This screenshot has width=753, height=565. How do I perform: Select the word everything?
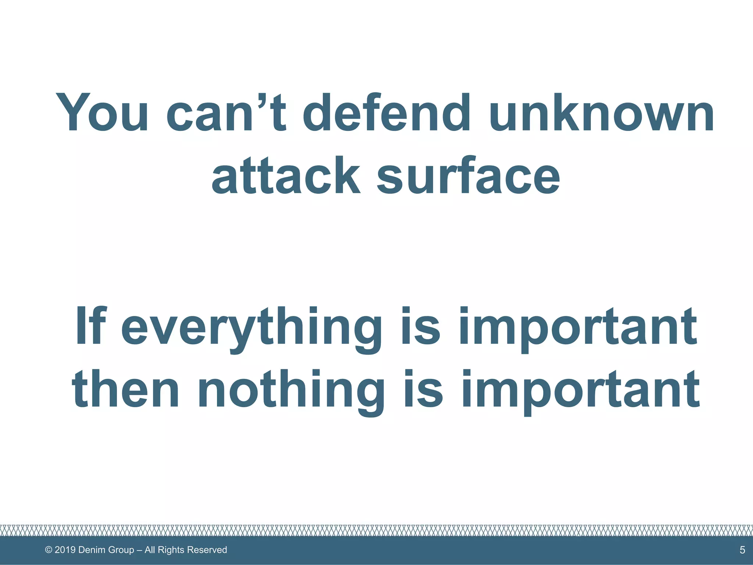click(251, 327)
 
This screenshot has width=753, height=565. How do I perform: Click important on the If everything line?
click(577, 327)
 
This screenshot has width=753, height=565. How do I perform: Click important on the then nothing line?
click(580, 390)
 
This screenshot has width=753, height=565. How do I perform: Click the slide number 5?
click(742, 550)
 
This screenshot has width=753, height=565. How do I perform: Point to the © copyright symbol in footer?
click(49, 550)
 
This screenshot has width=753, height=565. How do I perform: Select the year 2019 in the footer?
click(65, 550)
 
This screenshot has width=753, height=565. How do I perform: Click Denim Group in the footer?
click(106, 550)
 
